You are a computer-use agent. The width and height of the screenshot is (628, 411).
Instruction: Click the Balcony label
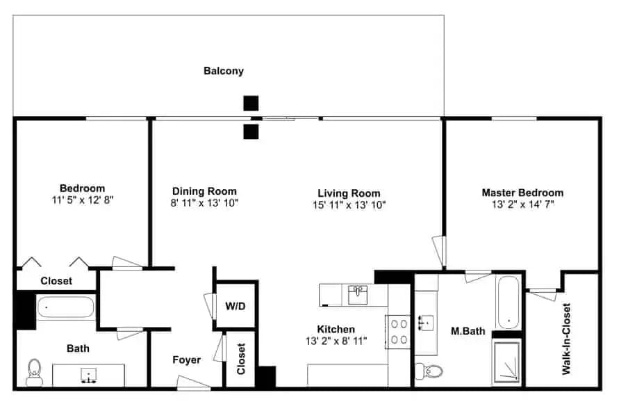click(224, 71)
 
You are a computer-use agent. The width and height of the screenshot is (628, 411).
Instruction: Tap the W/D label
click(235, 307)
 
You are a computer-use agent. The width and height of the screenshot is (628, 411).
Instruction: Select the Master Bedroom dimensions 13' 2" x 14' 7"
click(522, 204)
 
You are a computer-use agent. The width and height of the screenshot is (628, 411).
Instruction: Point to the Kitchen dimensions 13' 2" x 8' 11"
click(336, 341)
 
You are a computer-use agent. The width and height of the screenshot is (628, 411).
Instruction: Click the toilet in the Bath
click(35, 372)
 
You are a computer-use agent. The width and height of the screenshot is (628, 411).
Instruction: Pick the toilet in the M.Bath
click(429, 371)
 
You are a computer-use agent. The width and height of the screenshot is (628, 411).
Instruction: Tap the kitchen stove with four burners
click(399, 332)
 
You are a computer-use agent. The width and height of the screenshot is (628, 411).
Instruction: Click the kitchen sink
click(358, 295)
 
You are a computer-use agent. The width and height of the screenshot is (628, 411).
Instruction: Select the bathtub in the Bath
click(66, 307)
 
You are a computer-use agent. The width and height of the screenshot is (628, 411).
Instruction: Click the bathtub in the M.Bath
click(509, 303)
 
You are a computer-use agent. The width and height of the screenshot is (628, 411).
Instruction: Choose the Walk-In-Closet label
click(566, 339)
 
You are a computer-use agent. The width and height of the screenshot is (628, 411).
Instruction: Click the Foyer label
click(187, 360)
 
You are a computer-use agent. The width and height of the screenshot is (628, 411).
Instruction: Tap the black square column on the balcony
click(251, 103)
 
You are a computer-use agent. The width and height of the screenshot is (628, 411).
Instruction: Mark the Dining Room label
click(204, 191)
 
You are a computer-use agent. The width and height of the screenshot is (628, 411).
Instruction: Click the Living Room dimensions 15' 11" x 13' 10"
click(349, 205)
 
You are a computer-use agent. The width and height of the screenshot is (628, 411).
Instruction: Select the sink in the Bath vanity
click(88, 376)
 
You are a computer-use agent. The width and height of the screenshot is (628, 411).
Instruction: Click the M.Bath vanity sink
click(426, 323)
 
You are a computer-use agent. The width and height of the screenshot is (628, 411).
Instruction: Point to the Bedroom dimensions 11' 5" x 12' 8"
click(83, 200)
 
